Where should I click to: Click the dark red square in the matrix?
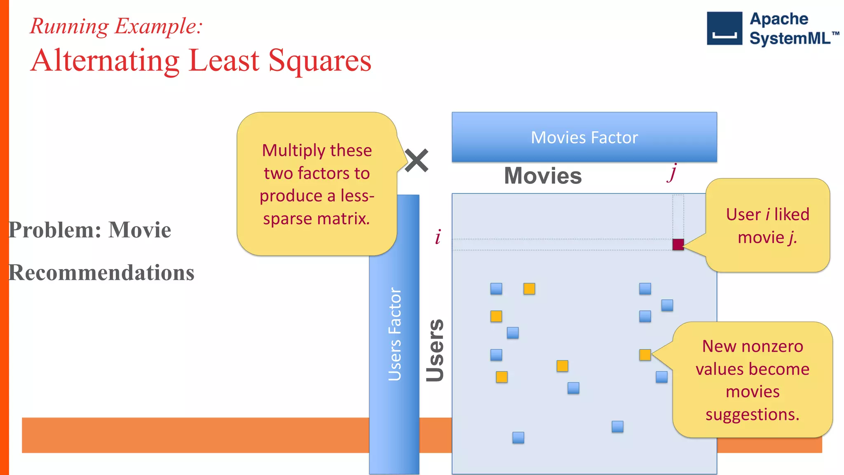tap(678, 245)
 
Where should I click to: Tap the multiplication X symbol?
tap(416, 160)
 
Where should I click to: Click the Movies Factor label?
tap(584, 137)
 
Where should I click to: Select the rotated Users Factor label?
tap(394, 334)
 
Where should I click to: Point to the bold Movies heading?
tap(543, 176)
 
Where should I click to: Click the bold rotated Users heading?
tap(435, 350)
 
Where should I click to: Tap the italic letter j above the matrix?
tap(673, 172)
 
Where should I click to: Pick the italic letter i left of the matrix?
tap(438, 237)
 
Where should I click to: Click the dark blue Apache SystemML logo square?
tap(724, 28)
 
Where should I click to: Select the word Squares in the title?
tap(320, 61)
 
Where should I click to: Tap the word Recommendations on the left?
tap(101, 273)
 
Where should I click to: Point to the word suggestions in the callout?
tap(752, 414)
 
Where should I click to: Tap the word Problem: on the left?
tap(55, 230)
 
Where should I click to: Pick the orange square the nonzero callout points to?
tap(645, 355)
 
